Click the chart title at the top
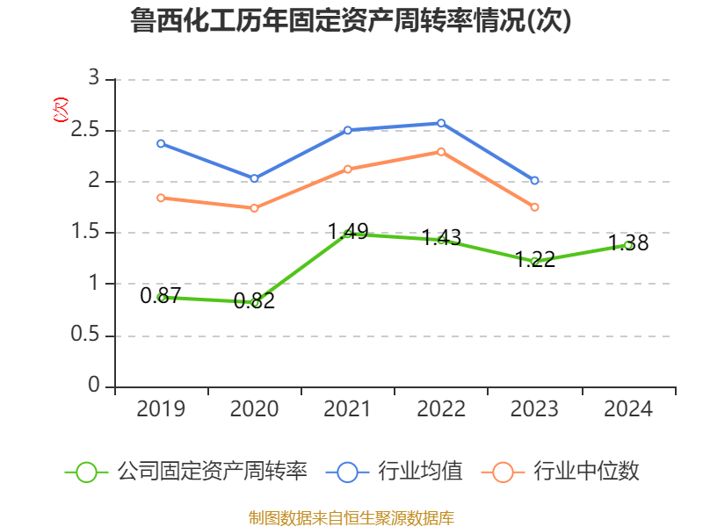(x=351, y=21)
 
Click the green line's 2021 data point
(x=348, y=234)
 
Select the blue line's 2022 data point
(x=441, y=123)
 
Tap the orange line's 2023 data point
(x=534, y=207)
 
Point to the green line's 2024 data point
(x=628, y=245)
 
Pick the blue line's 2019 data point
(x=161, y=143)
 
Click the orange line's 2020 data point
(x=254, y=208)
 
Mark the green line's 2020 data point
(x=255, y=303)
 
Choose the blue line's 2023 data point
(x=534, y=181)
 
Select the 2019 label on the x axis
(x=161, y=409)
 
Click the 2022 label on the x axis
(x=441, y=409)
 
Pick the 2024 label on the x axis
(x=628, y=409)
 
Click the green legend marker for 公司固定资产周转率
(x=85, y=472)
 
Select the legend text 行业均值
(x=420, y=472)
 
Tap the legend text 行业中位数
(x=587, y=472)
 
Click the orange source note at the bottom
(x=351, y=517)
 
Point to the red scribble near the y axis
(x=60, y=110)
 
